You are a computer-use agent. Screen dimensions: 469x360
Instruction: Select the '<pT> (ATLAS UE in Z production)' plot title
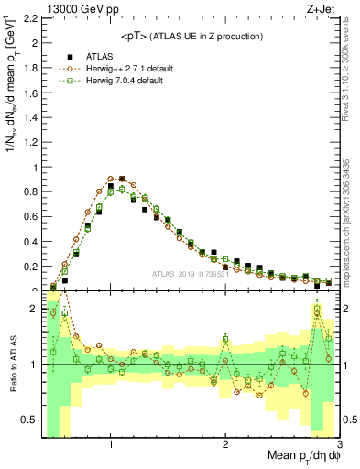point(191,36)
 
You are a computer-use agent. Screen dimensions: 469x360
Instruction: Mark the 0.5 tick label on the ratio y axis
point(29,420)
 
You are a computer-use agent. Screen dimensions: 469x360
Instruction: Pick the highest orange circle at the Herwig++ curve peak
point(111,179)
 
